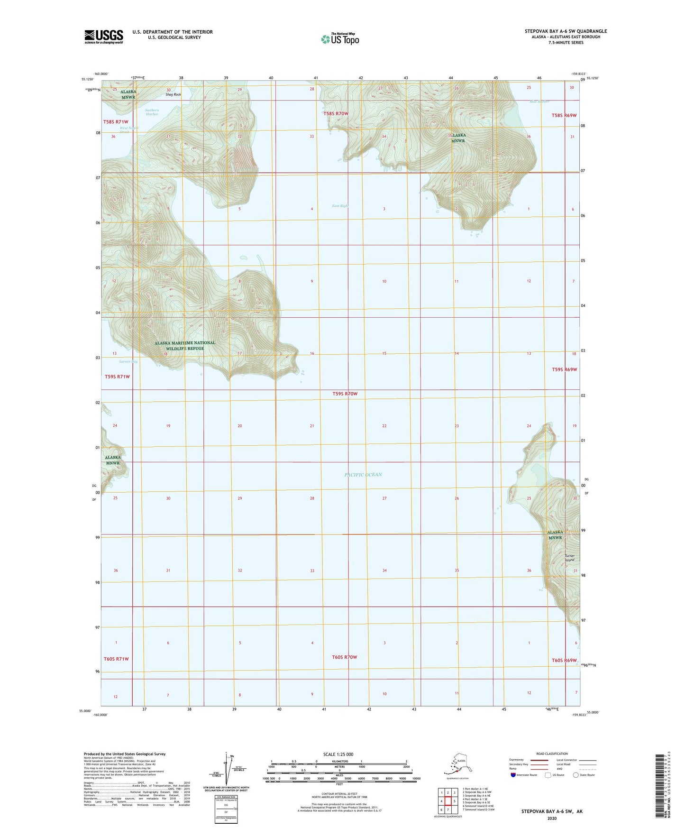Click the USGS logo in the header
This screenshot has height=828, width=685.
point(104,37)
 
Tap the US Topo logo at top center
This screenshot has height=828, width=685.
point(339,39)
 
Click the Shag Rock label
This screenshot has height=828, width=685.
point(173,94)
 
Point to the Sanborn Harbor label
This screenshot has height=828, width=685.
point(152,112)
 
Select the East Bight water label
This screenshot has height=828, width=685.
point(340,206)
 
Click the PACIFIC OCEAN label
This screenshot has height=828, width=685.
point(363,474)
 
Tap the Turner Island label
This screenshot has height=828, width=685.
point(569,558)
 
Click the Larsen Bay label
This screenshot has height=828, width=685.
point(128,361)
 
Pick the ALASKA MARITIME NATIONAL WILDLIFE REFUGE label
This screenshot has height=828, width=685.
point(185,345)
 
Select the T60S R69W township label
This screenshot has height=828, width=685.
point(564,660)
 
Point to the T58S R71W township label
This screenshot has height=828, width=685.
point(116,122)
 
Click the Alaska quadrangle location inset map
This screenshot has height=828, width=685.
point(457,764)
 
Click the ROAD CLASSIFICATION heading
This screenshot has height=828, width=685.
point(552,754)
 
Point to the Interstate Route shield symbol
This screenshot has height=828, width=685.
point(513,774)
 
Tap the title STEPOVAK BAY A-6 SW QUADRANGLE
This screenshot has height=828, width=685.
point(566,31)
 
